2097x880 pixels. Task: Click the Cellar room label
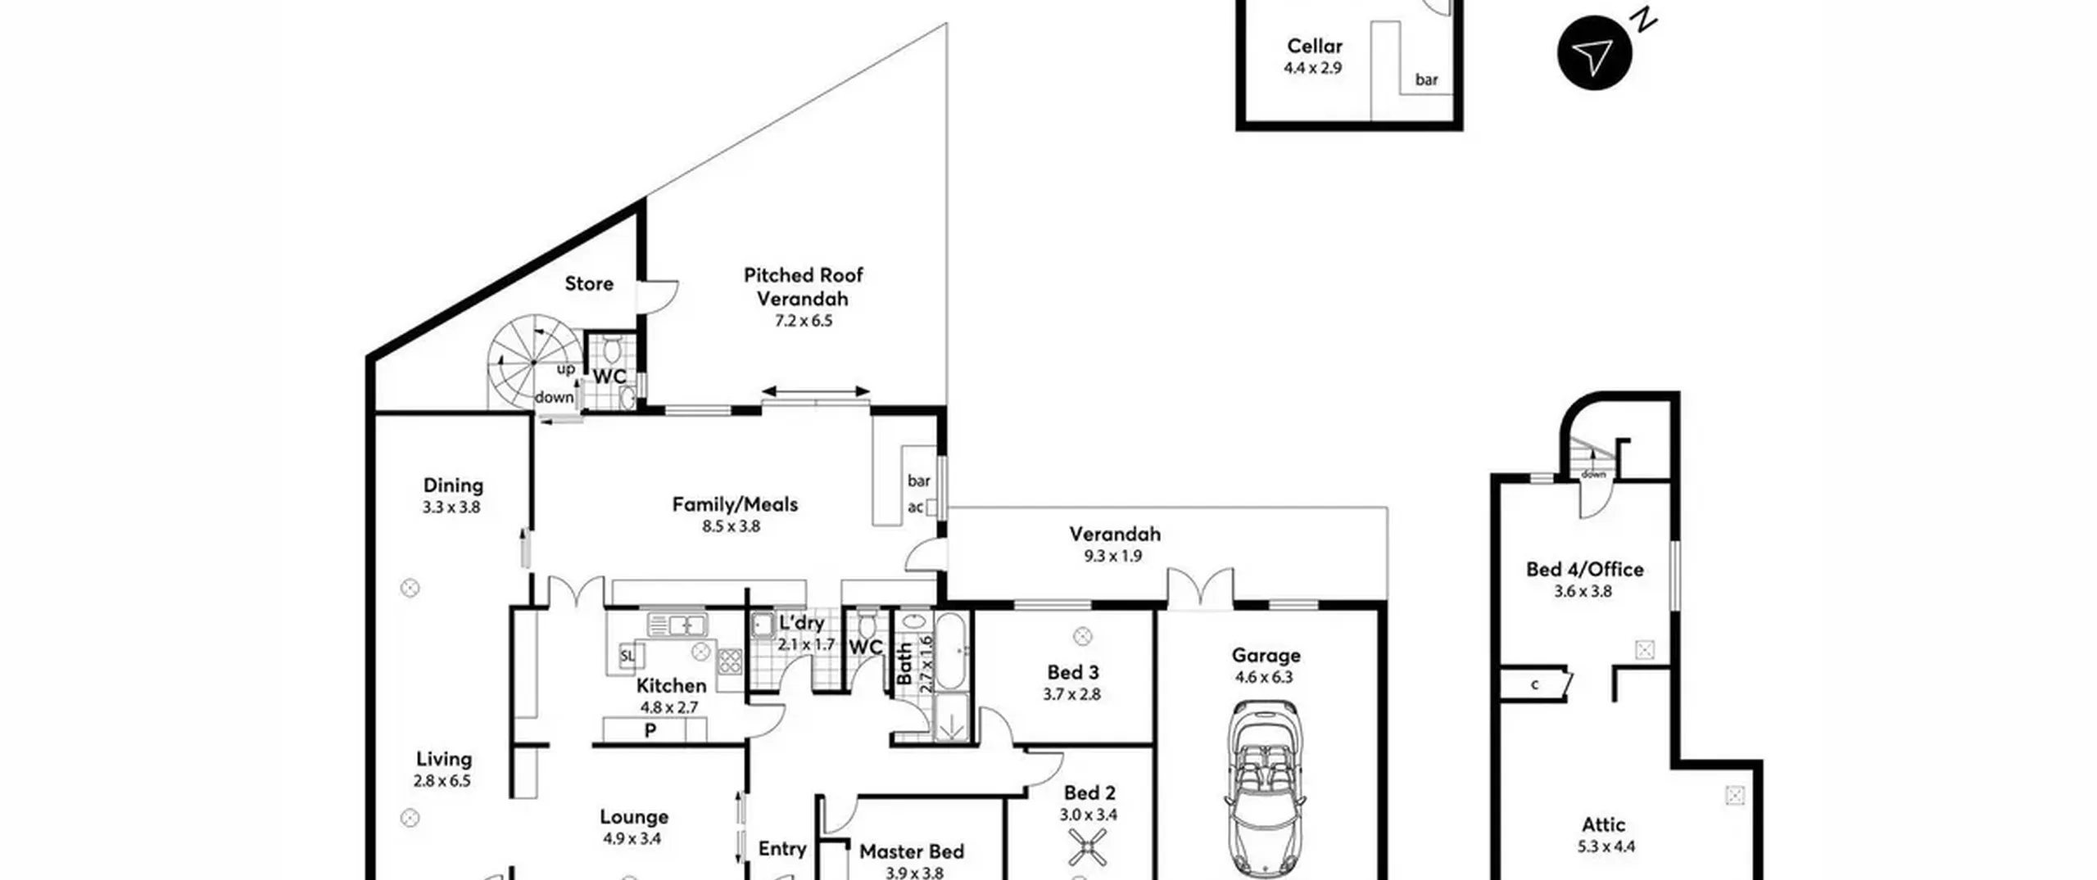tap(1314, 46)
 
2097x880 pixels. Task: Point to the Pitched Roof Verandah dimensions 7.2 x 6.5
tap(803, 321)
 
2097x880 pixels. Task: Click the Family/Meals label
tap(735, 504)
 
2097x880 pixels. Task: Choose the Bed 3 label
tap(1073, 672)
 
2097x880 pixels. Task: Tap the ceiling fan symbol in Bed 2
tap(1088, 847)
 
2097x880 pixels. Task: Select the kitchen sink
tap(677, 625)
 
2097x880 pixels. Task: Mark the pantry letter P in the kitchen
tap(650, 730)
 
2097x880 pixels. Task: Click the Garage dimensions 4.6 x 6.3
tap(1264, 677)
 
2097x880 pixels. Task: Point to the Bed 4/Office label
tap(1584, 569)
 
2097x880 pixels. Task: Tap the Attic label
tap(1604, 824)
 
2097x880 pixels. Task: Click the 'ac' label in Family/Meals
tap(915, 507)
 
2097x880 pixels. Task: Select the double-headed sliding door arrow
tap(815, 391)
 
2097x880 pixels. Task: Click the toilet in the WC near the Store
tap(610, 350)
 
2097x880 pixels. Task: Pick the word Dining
tap(453, 485)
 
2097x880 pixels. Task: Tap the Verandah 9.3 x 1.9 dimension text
tap(1112, 556)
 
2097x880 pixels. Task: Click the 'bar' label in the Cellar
tap(1426, 79)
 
